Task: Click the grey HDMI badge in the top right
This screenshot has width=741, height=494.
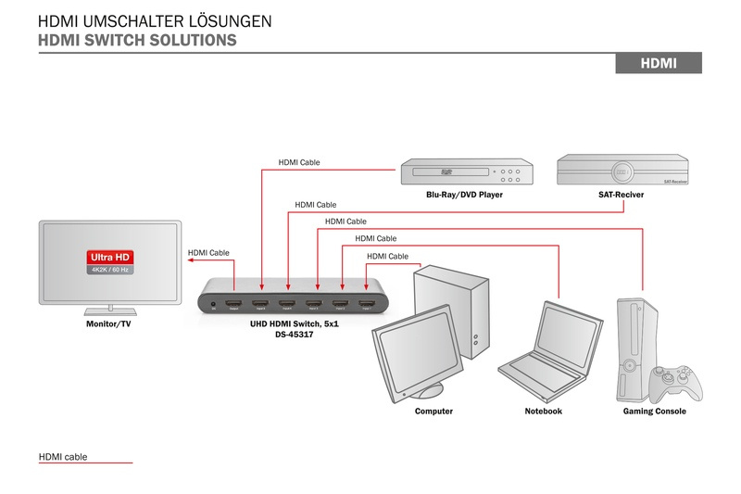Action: pos(659,63)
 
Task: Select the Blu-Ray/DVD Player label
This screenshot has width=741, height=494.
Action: pos(459,196)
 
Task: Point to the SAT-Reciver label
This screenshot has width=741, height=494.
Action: pos(622,196)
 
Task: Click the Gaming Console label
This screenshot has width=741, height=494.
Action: pos(655,411)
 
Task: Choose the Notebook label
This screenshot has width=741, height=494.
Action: pos(543,411)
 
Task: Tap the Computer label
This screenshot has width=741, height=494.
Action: pos(433,411)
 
